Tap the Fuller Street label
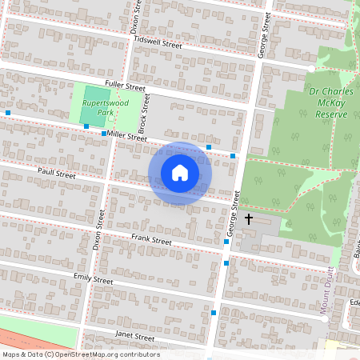(x=126, y=86)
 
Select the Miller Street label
(x=128, y=138)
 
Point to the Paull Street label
(x=56, y=173)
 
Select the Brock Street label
(x=145, y=113)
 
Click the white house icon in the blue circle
(x=180, y=173)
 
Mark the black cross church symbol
(x=249, y=218)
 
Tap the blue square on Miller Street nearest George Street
(x=233, y=155)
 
